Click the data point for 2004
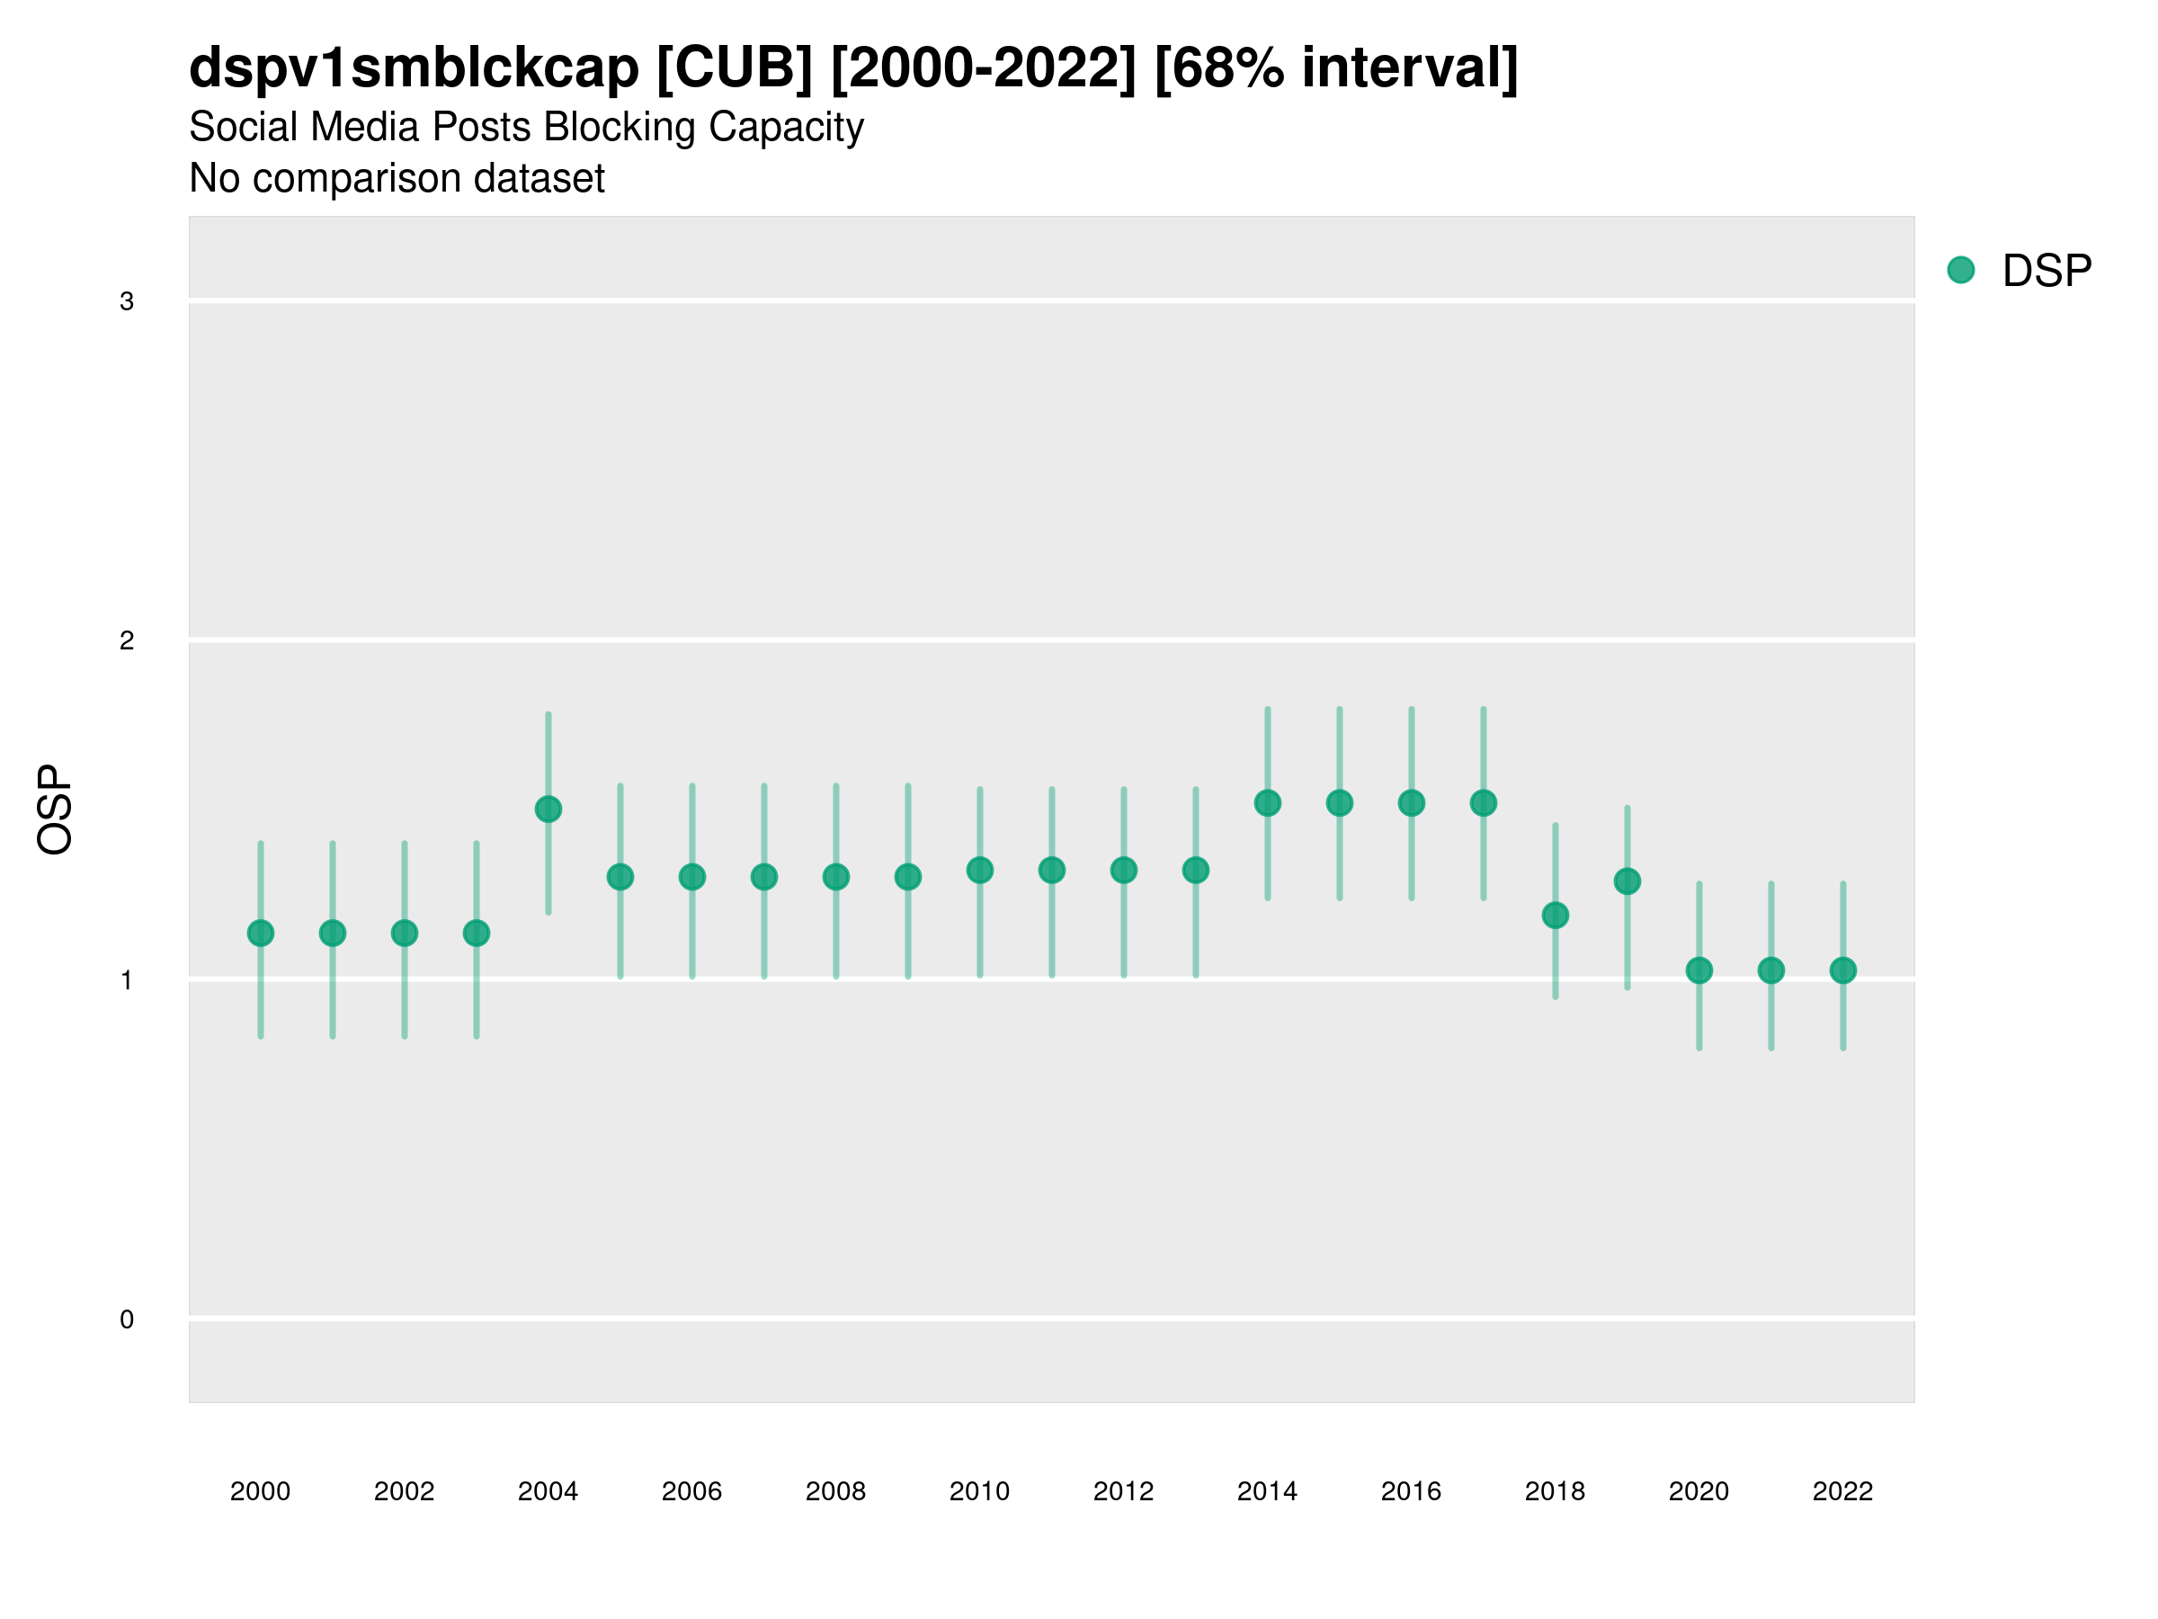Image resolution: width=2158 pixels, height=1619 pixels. click(548, 809)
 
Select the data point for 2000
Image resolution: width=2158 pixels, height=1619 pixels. click(261, 933)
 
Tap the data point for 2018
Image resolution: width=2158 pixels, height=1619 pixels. click(1555, 916)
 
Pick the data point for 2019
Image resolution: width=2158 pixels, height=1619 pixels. click(1627, 881)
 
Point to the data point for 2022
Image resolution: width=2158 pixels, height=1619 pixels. click(1843, 970)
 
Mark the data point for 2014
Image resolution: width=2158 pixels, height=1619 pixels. click(1267, 803)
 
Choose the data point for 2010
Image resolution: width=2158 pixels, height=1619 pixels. click(979, 870)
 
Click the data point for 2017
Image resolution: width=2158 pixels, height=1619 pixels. click(1483, 803)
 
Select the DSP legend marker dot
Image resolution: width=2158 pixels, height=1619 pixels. click(1961, 271)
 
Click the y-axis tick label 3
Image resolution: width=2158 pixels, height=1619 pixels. click(127, 301)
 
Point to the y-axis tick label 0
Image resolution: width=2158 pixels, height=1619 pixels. click(127, 1319)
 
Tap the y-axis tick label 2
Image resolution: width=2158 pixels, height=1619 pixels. click(127, 640)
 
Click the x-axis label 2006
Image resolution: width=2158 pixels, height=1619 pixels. click(691, 1491)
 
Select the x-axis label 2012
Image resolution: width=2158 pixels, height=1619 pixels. click(1123, 1491)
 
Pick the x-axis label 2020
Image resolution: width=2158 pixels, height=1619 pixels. click(1699, 1491)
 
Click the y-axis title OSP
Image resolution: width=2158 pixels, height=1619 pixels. click(56, 810)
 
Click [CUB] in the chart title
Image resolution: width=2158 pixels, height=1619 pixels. click(735, 68)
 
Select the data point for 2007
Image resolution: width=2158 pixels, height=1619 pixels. click(764, 876)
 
